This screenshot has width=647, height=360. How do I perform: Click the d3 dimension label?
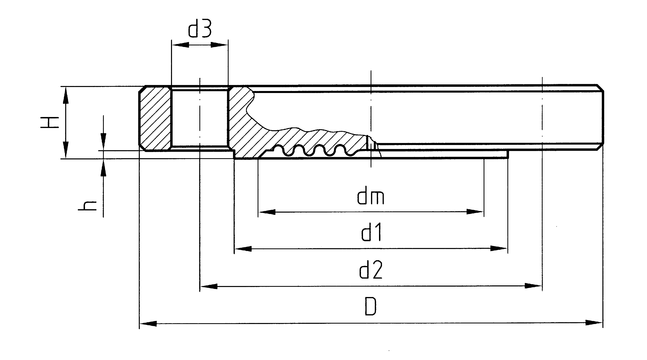(200, 30)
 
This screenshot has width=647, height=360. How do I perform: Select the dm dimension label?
(371, 197)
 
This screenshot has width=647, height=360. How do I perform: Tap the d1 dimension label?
(371, 233)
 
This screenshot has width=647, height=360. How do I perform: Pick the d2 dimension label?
(371, 270)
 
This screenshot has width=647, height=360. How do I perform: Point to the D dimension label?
(371, 307)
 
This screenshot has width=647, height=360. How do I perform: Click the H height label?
(50, 122)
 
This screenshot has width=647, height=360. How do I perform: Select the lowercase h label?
(87, 206)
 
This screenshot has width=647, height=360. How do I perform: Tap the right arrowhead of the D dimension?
(594, 323)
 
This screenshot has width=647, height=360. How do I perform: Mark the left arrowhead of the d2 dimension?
(209, 286)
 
